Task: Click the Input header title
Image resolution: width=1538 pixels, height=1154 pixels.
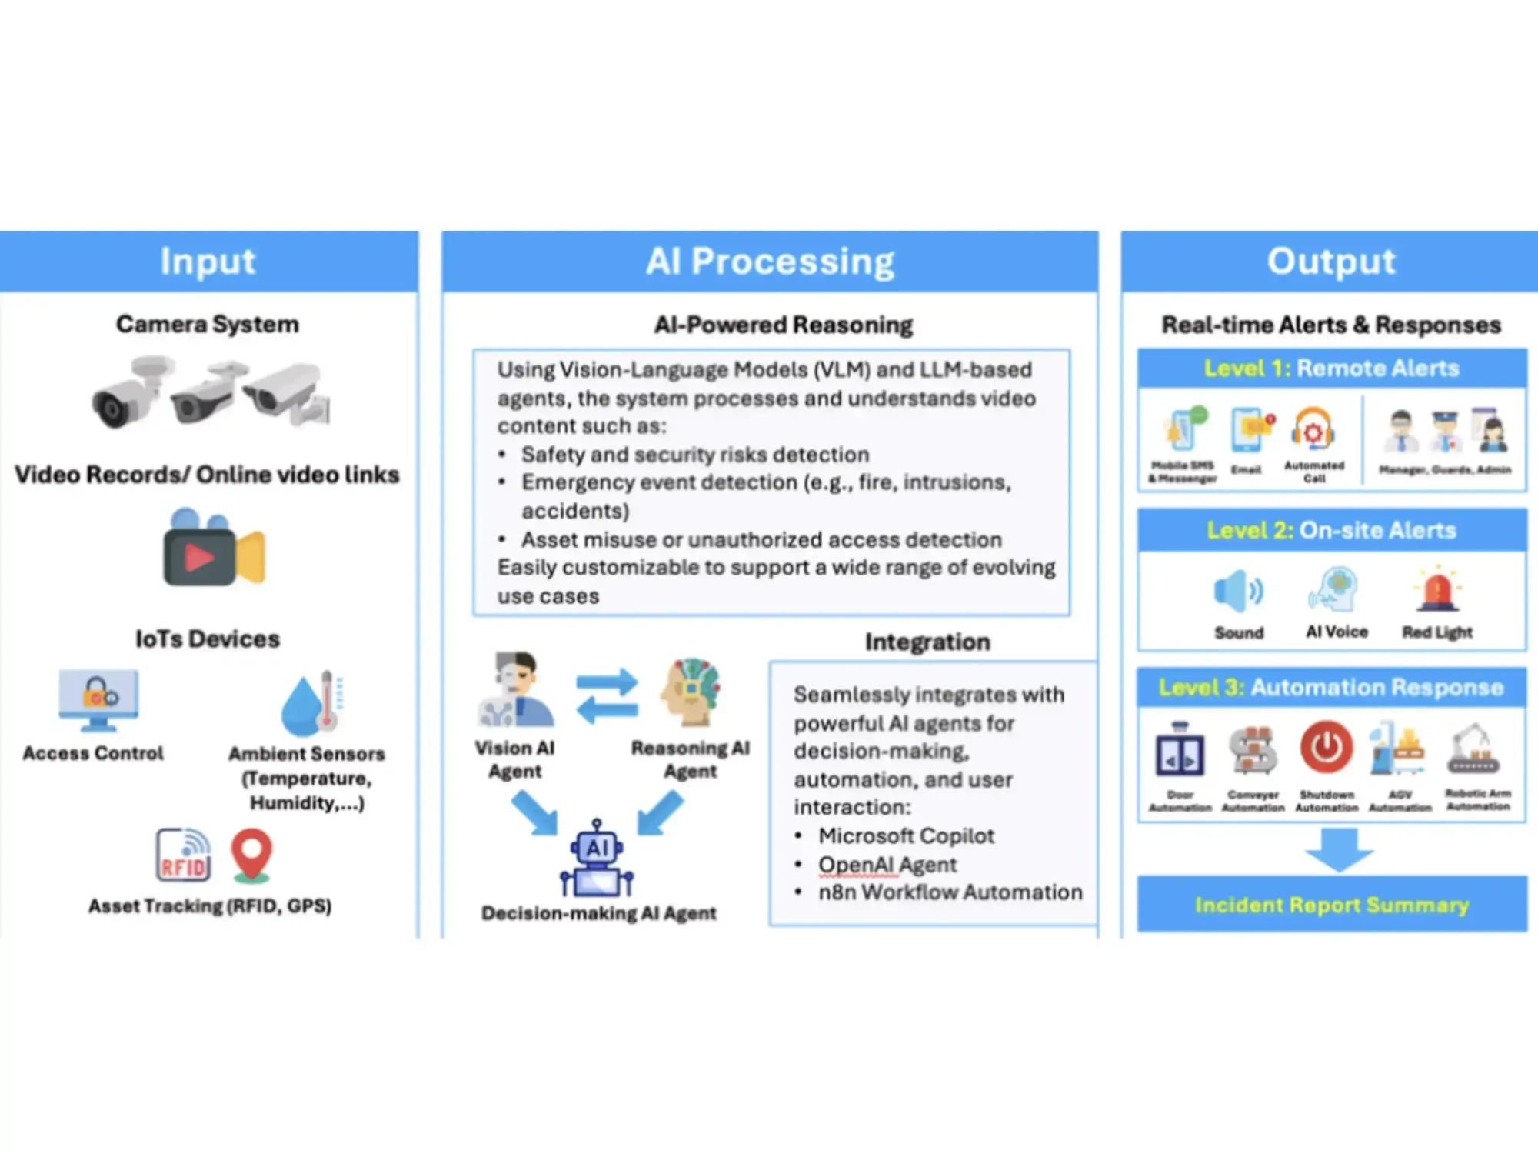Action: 208,262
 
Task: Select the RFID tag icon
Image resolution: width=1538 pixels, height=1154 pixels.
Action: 183,855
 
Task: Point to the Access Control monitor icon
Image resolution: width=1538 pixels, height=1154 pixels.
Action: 98,699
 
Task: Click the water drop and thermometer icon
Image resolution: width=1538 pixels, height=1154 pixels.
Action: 312,703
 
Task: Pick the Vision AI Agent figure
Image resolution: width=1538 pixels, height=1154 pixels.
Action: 515,689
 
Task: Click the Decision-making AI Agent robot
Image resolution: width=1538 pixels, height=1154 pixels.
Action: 598,859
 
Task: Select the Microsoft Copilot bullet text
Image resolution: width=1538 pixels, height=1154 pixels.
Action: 906,835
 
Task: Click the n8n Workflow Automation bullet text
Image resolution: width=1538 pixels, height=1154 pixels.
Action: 950,892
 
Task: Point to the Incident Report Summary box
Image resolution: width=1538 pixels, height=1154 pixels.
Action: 1332,904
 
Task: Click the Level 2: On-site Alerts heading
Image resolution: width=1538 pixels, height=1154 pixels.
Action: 1332,530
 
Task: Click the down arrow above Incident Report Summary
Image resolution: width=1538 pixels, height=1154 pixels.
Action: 1339,849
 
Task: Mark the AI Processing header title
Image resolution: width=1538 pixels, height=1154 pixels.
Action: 770,262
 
